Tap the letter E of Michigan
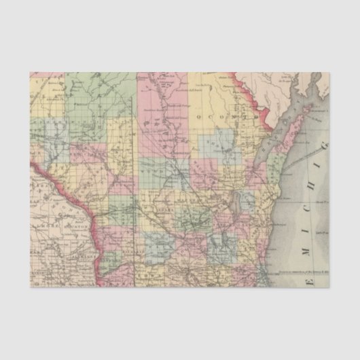coord(312,281)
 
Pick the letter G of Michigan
coord(324,147)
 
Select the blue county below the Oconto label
coord(217,143)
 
